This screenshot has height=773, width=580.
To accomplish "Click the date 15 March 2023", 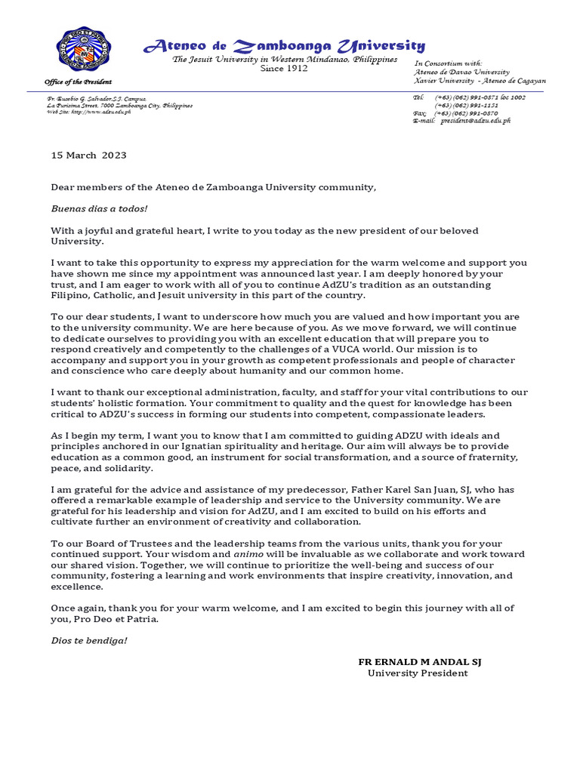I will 88,156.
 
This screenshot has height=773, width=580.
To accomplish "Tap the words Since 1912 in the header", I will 284,69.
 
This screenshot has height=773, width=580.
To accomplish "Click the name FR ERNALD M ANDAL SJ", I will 419,661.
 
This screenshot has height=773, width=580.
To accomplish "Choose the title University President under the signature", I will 418,673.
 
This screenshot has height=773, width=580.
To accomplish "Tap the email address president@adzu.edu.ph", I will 476,120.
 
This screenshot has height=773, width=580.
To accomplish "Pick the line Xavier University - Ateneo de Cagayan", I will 480,80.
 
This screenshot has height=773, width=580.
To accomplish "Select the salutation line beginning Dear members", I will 213,187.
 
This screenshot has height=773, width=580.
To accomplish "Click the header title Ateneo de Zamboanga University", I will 284,46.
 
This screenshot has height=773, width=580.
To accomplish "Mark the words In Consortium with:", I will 448,63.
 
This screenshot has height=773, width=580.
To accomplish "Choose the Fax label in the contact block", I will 420,112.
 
